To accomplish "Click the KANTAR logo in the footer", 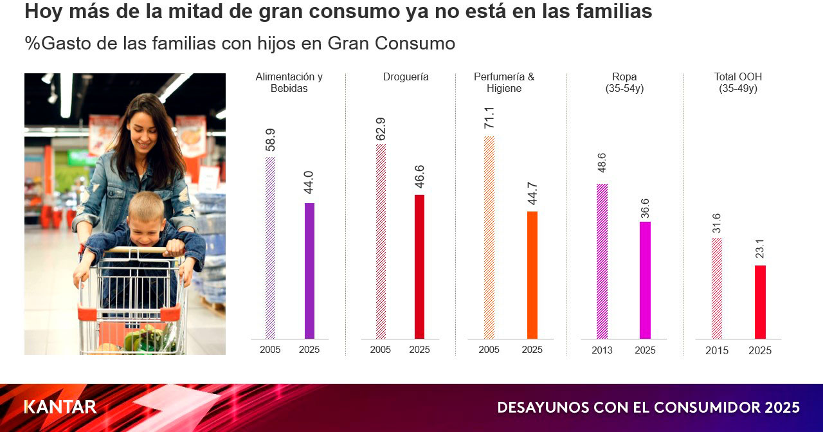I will (60, 407).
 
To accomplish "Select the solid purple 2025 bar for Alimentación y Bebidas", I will (309, 271).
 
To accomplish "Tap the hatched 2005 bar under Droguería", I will (381, 241).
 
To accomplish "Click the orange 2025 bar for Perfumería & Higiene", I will (532, 274).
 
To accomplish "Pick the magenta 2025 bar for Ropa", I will (645, 280).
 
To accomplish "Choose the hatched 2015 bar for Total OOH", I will (716, 288).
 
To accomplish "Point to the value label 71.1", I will (489, 118).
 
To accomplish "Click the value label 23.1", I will (759, 249).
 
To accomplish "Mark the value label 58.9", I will (270, 140).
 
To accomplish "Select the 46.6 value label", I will (419, 177).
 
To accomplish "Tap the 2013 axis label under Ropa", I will (602, 350).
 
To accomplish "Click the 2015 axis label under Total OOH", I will (716, 351).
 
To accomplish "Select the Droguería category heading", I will (406, 77).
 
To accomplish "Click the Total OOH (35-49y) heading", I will (737, 83).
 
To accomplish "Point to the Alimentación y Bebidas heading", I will (289, 83).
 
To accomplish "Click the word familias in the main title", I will (613, 12).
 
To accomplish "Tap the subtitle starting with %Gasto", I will (240, 44).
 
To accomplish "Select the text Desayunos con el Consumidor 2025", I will (648, 408).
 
